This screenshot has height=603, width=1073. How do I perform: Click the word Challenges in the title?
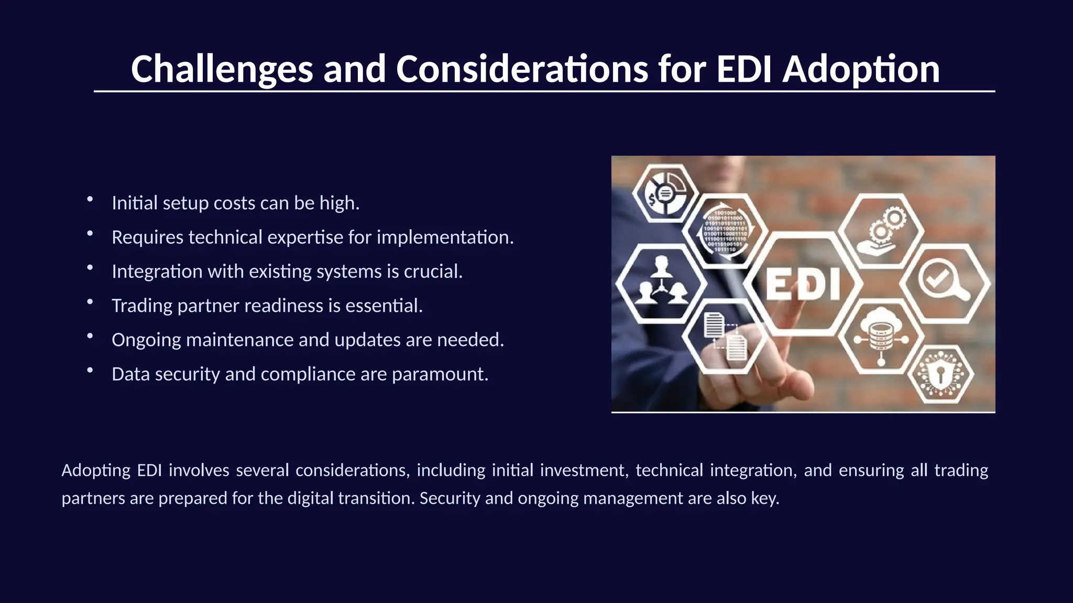pos(222,69)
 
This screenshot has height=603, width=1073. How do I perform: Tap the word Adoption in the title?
pos(861,69)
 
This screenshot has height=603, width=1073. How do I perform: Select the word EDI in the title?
pos(743,69)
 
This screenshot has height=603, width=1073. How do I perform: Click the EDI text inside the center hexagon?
pos(803,284)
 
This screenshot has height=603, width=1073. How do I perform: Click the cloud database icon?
pos(881,335)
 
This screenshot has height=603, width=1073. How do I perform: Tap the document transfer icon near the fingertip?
pos(725,337)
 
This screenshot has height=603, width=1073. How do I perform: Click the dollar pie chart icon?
pos(663,194)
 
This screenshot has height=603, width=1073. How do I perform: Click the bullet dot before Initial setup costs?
pos(90,199)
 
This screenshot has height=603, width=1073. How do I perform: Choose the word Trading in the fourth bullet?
pos(142,306)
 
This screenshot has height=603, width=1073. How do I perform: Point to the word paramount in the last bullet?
pos(440,374)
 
